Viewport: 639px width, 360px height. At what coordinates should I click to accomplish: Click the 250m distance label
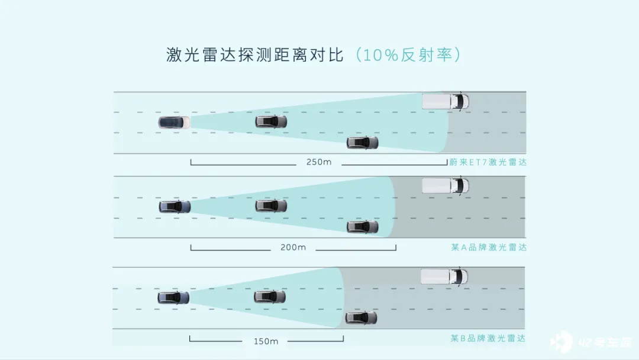coord(319,162)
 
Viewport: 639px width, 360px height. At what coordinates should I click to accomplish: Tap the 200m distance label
coord(293,247)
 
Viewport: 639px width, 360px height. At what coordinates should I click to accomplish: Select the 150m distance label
coord(266,341)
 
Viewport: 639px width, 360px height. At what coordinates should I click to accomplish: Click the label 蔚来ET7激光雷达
coord(488,162)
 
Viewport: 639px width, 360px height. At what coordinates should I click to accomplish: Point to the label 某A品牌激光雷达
coord(489,247)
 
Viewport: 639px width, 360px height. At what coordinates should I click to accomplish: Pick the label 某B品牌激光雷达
coord(488,339)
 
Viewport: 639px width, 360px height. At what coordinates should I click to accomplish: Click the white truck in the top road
coord(446,101)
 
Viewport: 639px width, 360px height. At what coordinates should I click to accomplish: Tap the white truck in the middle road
coord(446,186)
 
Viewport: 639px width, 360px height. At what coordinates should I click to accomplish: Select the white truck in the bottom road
coord(444,277)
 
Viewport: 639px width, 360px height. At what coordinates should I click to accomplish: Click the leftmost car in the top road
coord(174,123)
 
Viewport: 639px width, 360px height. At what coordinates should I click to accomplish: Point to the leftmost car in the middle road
coord(175,207)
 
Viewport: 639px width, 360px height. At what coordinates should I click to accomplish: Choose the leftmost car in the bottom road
coord(173,298)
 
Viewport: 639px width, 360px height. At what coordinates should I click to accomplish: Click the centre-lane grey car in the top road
coord(271,121)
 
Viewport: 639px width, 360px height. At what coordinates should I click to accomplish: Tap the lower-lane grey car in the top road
coord(362,143)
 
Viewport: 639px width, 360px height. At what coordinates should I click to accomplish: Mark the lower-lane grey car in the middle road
coord(362,227)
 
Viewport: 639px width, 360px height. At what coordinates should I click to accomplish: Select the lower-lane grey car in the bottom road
coord(361,318)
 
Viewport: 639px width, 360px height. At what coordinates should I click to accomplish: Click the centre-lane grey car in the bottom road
coord(270,297)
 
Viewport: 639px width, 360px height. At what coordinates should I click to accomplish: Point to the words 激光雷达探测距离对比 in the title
coord(255,54)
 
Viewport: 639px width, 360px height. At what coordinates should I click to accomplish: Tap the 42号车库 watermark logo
coord(591,342)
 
